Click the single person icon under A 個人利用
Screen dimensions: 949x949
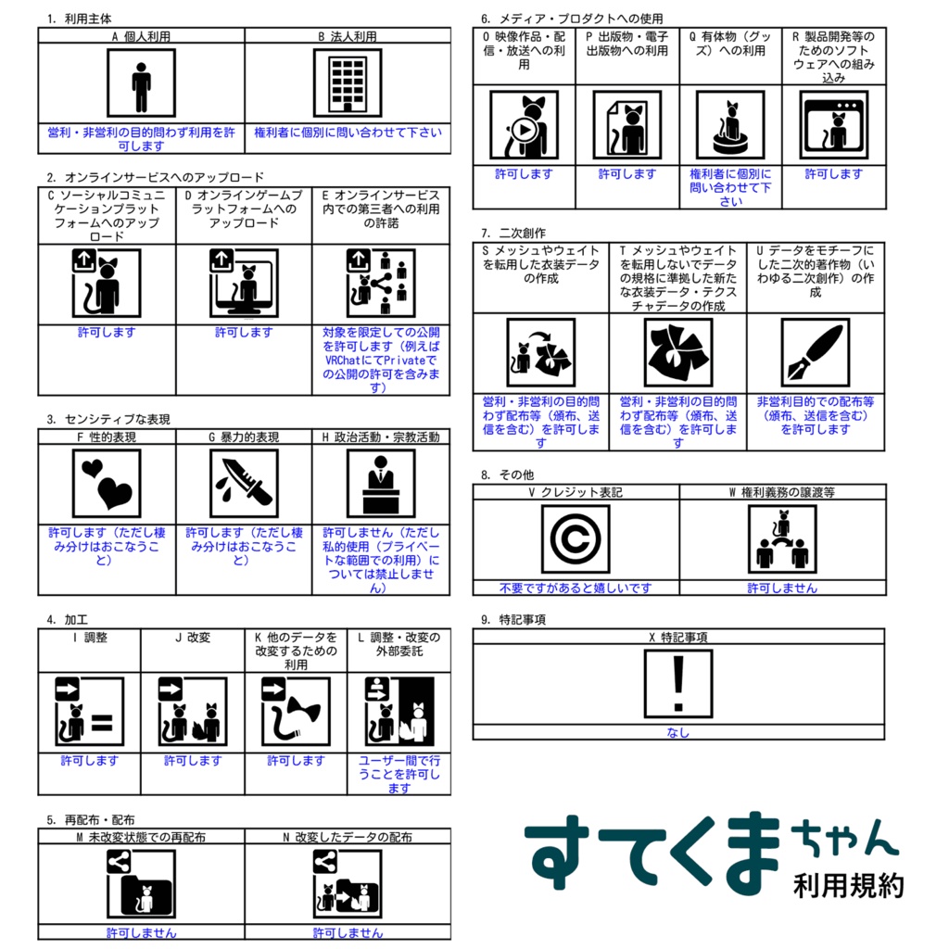tap(141, 83)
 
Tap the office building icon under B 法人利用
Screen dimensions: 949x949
tap(348, 83)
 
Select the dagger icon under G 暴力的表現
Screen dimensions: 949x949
tap(244, 483)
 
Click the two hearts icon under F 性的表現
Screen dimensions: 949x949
tap(107, 483)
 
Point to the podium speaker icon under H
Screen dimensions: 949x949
tap(380, 483)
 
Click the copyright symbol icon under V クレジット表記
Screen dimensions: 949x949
tap(576, 539)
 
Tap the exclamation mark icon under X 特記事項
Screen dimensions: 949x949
tap(678, 683)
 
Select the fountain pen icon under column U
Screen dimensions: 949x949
tap(815, 352)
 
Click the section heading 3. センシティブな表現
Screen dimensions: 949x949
tap(108, 419)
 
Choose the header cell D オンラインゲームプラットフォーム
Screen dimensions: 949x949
tap(244, 209)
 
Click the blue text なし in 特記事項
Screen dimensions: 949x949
tap(678, 732)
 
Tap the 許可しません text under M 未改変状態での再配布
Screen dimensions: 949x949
tap(141, 932)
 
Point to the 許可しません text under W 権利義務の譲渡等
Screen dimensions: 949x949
tap(782, 588)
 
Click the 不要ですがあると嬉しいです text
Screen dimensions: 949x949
tap(576, 588)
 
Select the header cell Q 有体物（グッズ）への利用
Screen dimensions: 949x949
tap(729, 44)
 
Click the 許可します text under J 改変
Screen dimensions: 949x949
tap(193, 760)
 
